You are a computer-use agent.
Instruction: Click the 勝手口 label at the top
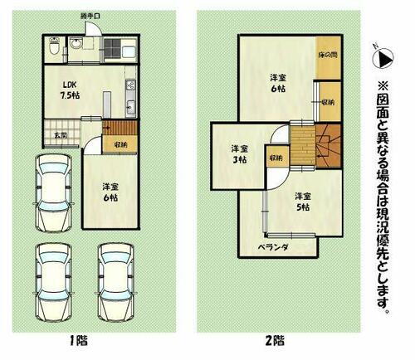90,16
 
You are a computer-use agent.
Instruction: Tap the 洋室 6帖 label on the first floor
110,192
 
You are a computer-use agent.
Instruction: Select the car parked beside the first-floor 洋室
55,192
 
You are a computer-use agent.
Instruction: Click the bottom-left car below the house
51,283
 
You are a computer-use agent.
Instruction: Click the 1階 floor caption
80,341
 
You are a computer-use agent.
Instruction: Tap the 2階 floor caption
276,341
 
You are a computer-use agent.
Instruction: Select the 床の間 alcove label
329,56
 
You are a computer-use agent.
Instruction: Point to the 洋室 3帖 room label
241,153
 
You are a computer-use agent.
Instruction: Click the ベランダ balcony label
271,247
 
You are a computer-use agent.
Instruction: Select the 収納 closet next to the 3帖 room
276,157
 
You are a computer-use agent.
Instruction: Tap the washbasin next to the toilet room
78,48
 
